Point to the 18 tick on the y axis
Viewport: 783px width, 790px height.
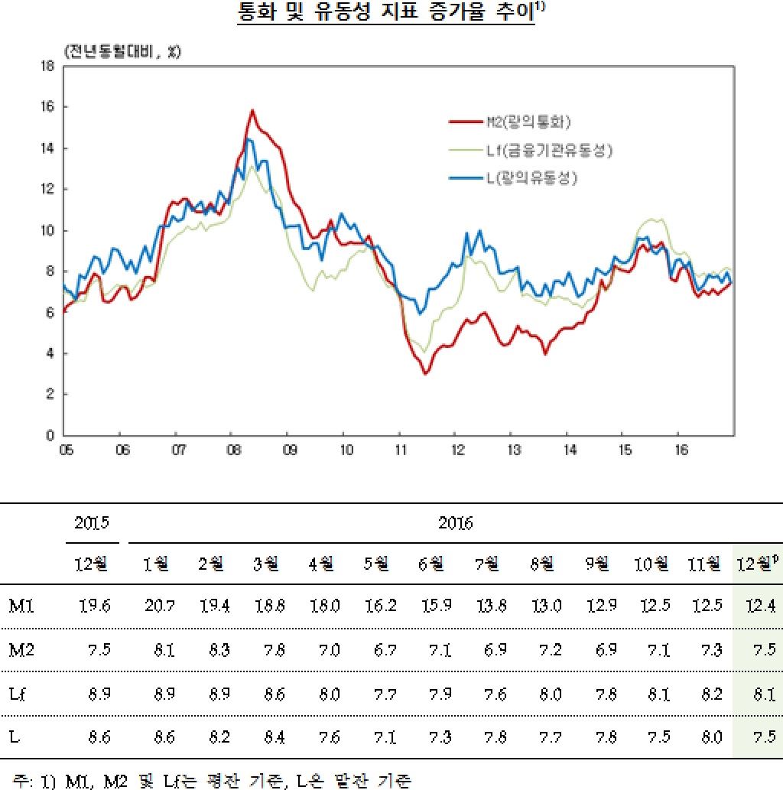(x=47, y=66)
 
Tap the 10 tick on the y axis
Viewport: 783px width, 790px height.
(x=47, y=230)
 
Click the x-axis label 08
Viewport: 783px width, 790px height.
(x=232, y=449)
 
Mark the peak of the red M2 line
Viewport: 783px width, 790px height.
(x=252, y=111)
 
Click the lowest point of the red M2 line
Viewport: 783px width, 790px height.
(x=425, y=373)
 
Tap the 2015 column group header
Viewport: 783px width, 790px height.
(x=92, y=524)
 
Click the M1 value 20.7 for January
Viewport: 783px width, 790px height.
(x=161, y=606)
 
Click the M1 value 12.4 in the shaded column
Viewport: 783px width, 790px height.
(x=759, y=606)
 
